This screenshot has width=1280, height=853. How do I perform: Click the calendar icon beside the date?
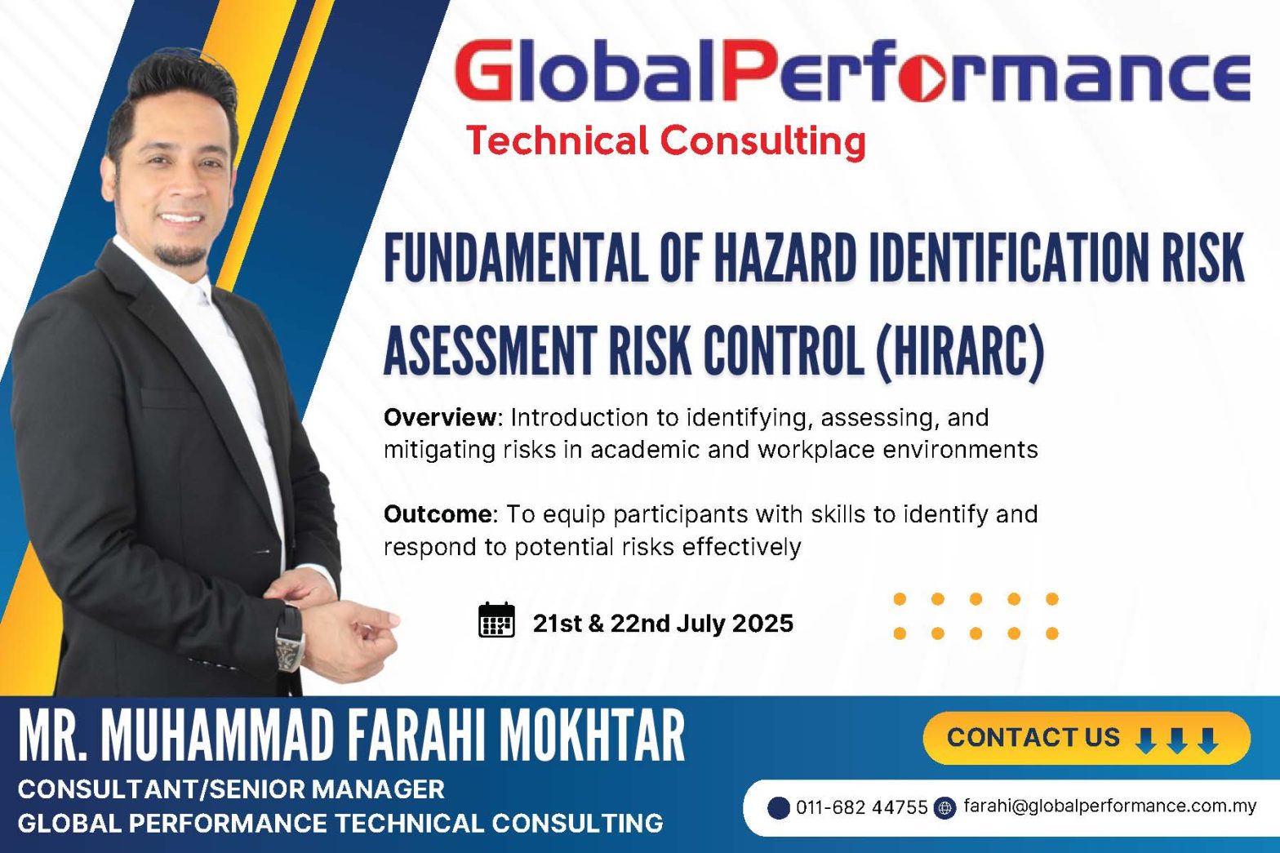pos(496,620)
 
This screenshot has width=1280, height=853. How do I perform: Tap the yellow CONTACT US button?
pos(1087,738)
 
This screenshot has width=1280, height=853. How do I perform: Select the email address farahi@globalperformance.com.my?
pos(1109,806)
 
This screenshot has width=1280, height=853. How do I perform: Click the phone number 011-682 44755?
pos(862,807)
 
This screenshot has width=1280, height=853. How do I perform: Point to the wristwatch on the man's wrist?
pos(290,638)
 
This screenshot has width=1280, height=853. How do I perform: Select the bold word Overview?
pos(440,418)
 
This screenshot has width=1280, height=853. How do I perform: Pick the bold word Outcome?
pos(438,514)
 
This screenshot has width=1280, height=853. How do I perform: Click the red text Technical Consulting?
pos(666,141)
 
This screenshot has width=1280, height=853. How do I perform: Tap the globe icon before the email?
pos(944,808)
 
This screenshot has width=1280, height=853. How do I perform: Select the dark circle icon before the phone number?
pos(778,808)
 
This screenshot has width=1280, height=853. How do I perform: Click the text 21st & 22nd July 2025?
pos(663,624)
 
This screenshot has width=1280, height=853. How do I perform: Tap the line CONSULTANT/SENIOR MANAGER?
pos(231,789)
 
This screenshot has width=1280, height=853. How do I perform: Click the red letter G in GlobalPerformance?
pos(485,71)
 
